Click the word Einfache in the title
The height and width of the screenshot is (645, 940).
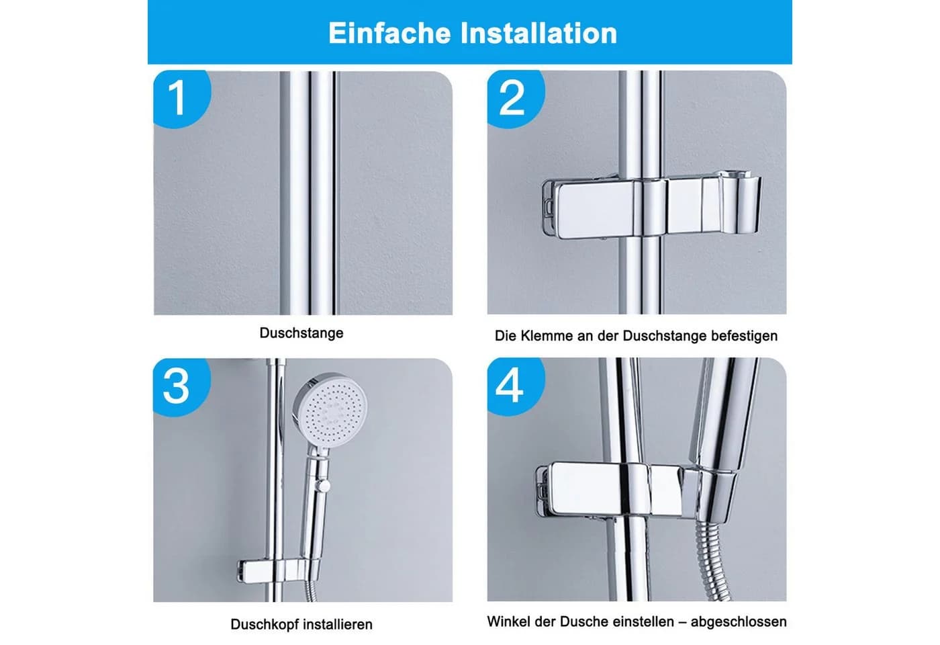click(x=389, y=33)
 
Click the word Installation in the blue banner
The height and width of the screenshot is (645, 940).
click(x=538, y=33)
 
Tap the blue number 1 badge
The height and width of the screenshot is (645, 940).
click(x=181, y=98)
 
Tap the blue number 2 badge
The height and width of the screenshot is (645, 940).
click(x=516, y=98)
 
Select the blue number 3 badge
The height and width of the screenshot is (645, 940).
click(x=181, y=386)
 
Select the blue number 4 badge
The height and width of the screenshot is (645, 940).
click(x=516, y=386)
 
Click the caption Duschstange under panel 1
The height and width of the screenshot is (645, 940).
click(x=301, y=333)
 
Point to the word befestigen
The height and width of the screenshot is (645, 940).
click(x=744, y=336)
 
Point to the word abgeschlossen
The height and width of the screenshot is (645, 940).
click(x=739, y=621)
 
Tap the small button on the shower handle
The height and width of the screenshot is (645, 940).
click(x=323, y=485)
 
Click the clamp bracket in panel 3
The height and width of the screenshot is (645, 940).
click(x=277, y=570)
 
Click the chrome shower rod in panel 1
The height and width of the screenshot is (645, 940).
click(x=308, y=193)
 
